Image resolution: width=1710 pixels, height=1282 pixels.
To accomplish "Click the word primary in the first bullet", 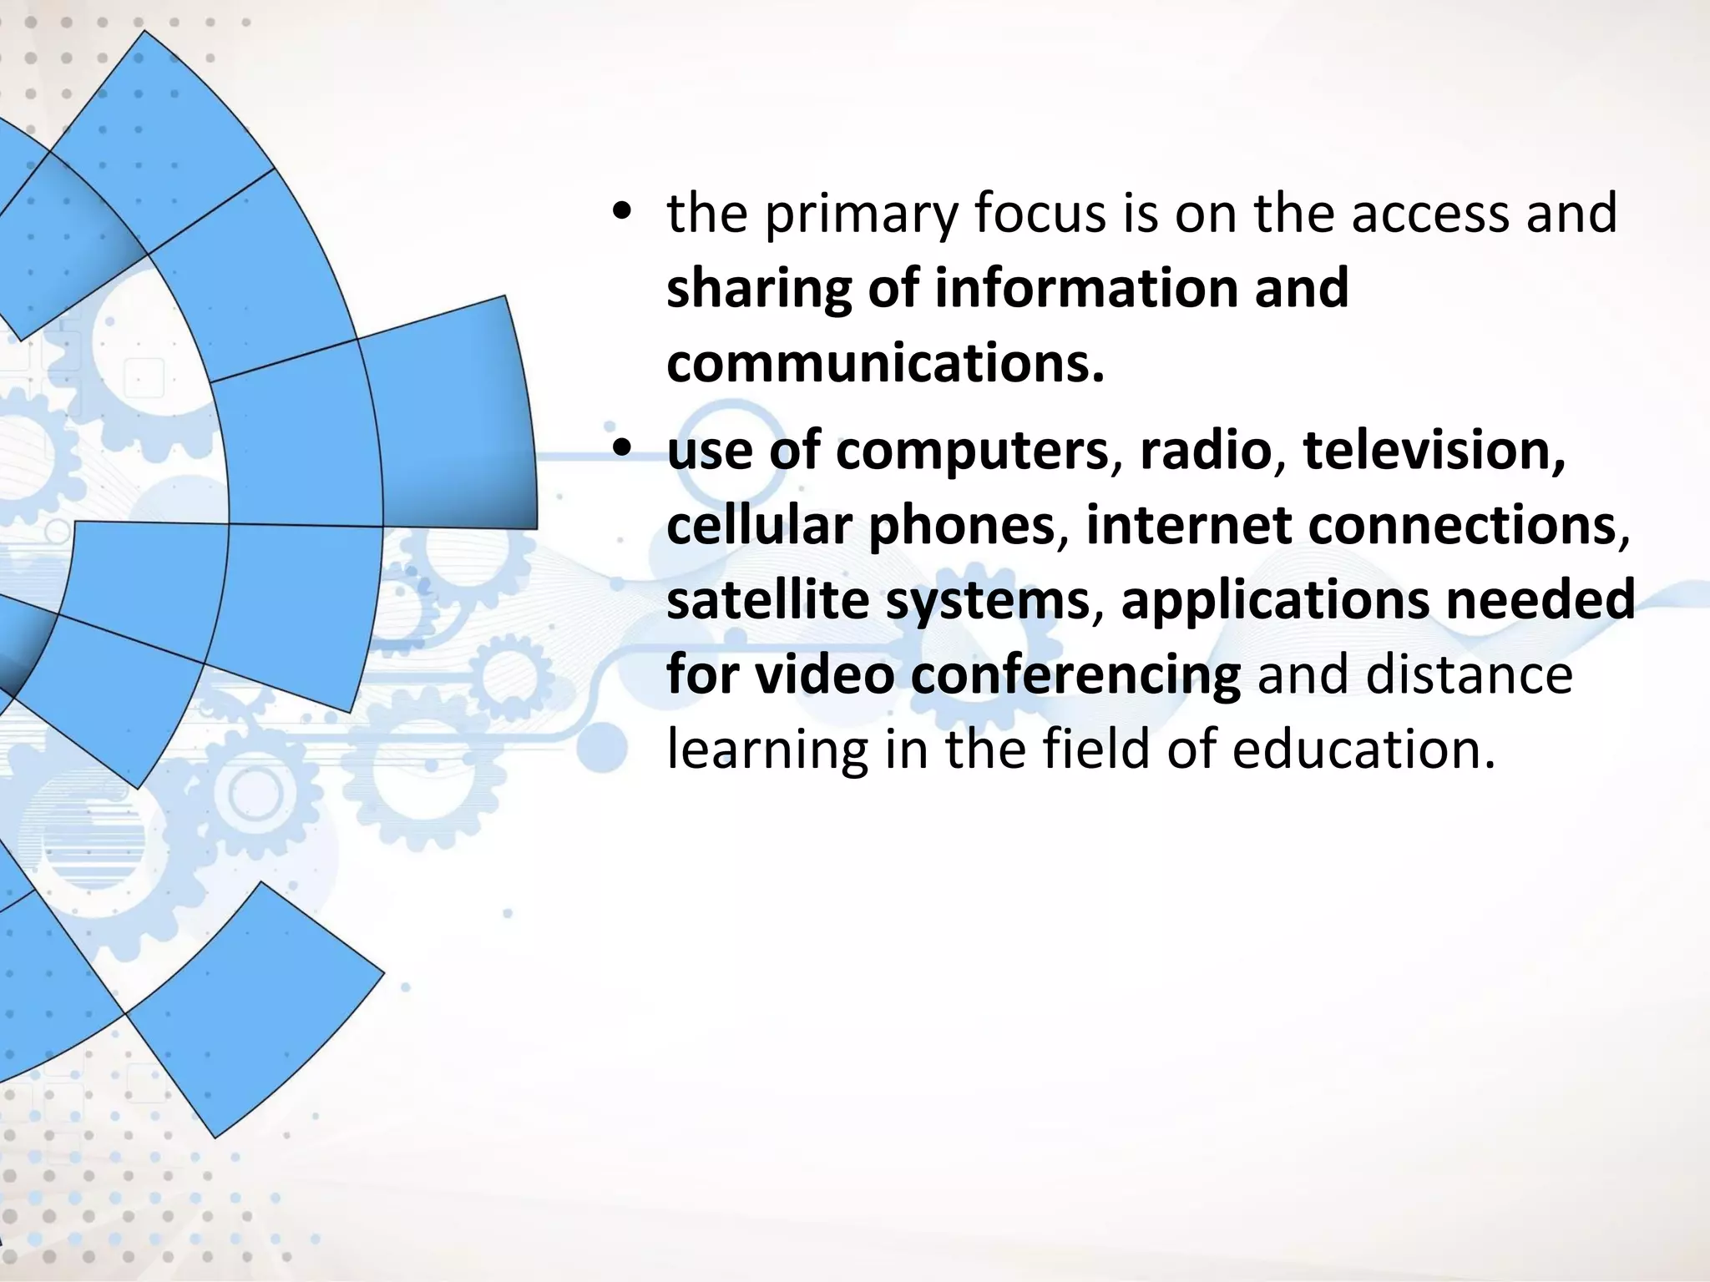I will tap(861, 214).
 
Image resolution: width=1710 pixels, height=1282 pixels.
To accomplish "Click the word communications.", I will tap(885, 364).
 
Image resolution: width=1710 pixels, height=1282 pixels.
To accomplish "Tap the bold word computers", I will tap(972, 451).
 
